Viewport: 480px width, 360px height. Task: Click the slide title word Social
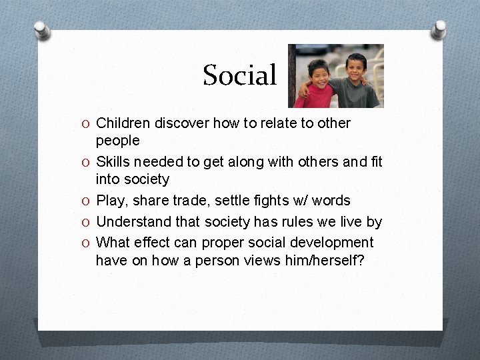[239, 75]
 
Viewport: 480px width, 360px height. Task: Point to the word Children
[123, 123]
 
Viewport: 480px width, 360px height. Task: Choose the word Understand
[130, 221]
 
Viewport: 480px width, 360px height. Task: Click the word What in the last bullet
[113, 242]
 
